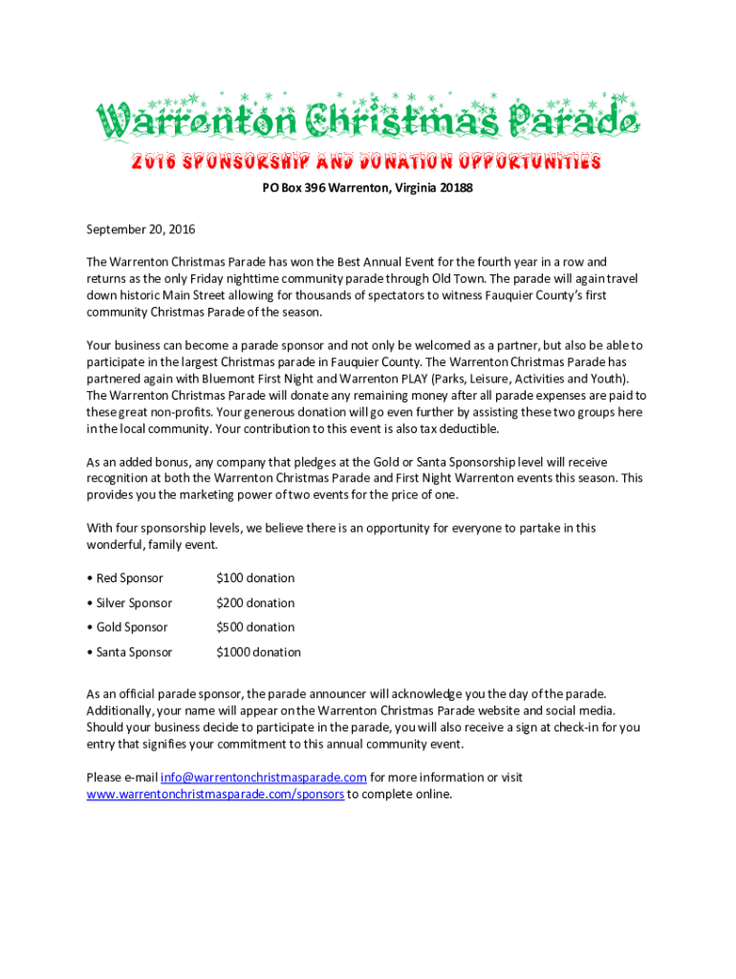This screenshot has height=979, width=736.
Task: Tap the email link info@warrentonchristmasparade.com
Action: (264, 777)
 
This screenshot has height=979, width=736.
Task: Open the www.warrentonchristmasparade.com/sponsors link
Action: (215, 794)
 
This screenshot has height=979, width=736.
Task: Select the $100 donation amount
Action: (255, 578)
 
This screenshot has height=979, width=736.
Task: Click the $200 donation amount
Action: (255, 603)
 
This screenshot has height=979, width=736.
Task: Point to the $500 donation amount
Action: (255, 627)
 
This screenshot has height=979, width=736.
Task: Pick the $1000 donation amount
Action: (258, 652)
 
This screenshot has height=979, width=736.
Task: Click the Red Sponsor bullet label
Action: (129, 578)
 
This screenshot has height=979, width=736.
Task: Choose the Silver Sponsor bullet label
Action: (134, 603)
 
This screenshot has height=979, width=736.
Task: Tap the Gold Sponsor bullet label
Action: (132, 627)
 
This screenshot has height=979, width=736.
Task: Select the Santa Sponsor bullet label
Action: (134, 652)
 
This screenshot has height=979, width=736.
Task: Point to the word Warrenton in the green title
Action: (191, 121)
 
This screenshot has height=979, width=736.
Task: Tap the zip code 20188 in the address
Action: (456, 188)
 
